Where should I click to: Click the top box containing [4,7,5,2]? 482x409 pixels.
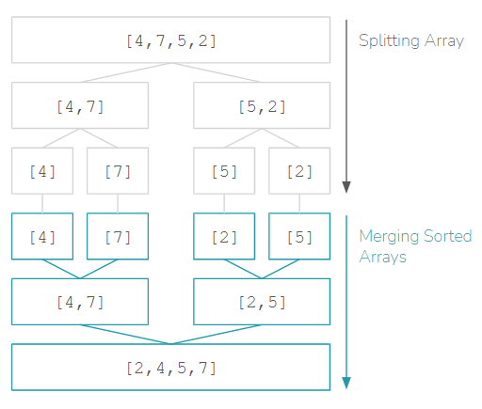[x=170, y=40]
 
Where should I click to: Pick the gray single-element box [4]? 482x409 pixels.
[x=42, y=172]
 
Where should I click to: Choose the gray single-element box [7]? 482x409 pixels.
[x=118, y=172]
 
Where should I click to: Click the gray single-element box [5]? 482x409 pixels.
[x=224, y=172]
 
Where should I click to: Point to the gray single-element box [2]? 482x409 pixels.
[x=299, y=172]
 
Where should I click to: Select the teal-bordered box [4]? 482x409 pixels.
[x=42, y=237]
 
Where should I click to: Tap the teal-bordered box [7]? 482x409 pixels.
[x=118, y=237]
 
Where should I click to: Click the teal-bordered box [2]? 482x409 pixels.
[x=224, y=237]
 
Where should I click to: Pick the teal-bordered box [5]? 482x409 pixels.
[x=299, y=237]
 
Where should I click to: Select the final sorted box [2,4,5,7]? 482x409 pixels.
[x=170, y=368]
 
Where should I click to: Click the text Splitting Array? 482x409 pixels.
[x=410, y=41]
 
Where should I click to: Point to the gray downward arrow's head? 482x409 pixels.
[x=346, y=184]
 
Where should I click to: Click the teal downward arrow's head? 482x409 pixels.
[x=346, y=382]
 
